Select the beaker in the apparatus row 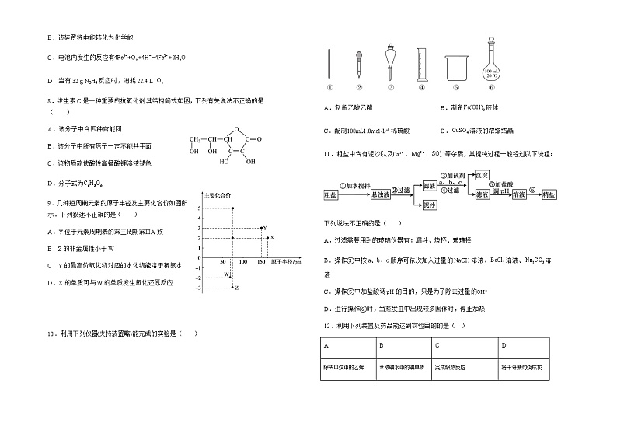[455, 68]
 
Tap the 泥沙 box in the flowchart [427, 205]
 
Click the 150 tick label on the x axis [260, 262]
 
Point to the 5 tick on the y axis [200, 208]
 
